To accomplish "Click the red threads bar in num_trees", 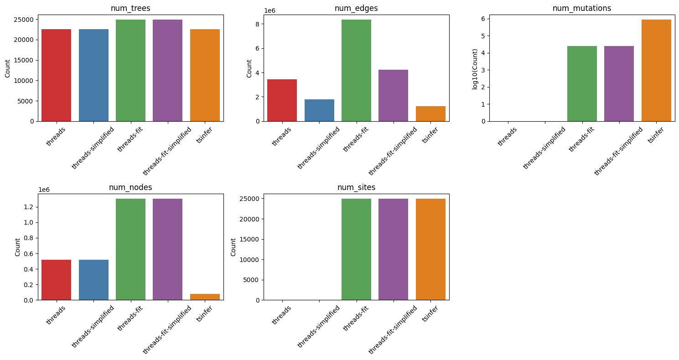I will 56,75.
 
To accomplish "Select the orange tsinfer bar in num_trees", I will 205,75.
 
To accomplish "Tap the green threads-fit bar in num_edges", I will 356,71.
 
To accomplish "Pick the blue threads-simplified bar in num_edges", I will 319,110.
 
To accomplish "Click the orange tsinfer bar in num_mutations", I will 656,71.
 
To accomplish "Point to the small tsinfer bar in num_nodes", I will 205,297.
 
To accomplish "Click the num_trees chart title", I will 130,8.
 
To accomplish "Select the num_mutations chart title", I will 581,8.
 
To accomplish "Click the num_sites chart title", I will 356,187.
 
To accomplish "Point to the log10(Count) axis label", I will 476,68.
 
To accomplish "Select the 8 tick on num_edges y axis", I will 257,24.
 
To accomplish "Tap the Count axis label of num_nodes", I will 17,247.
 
